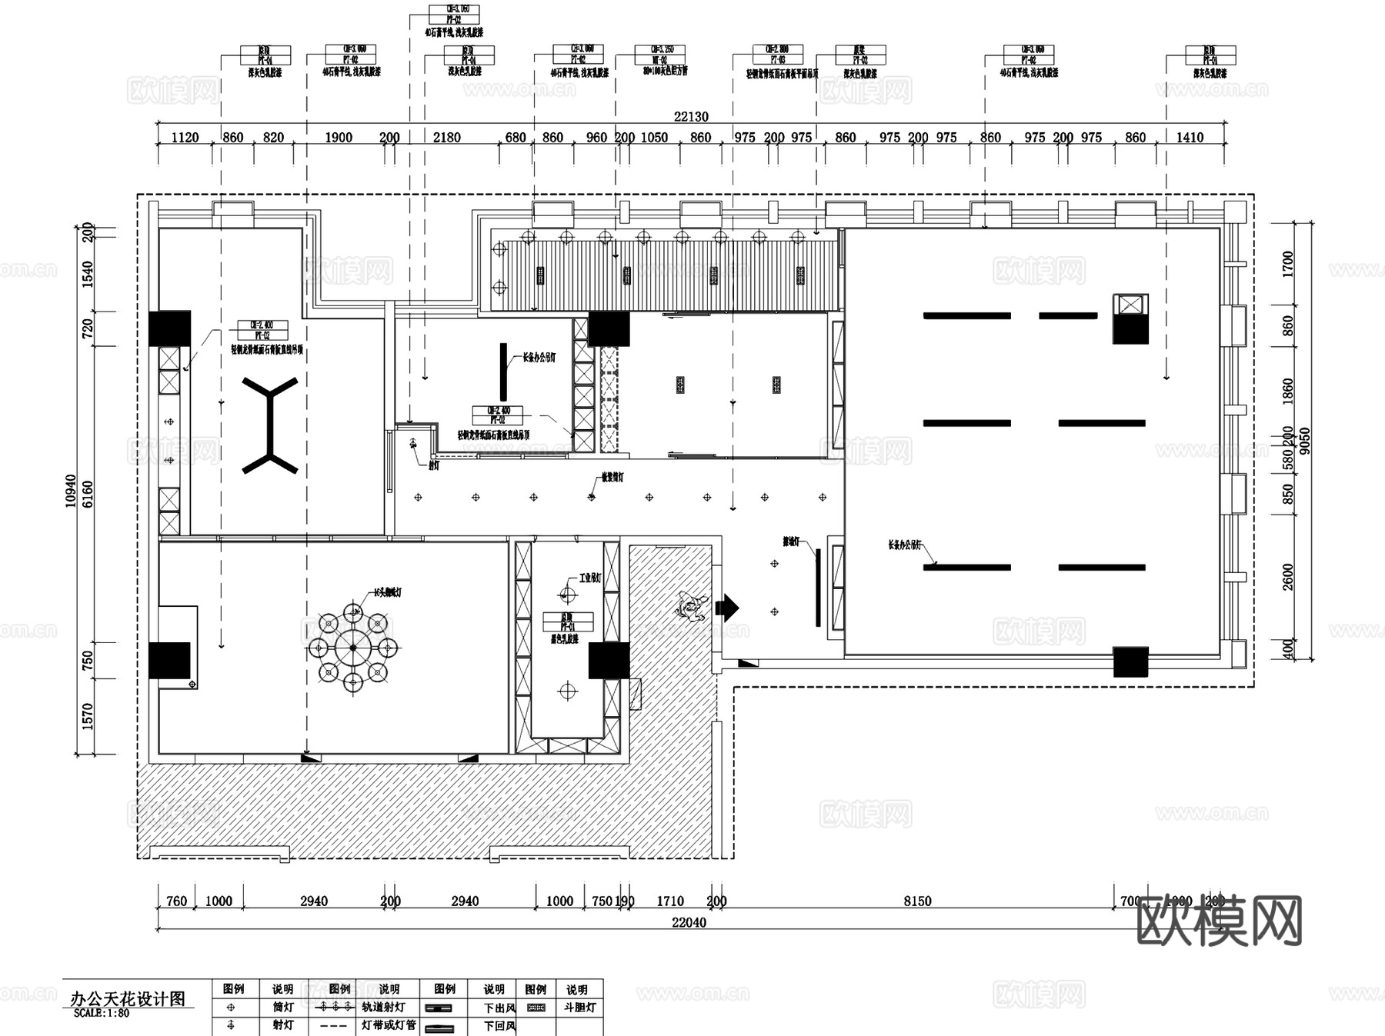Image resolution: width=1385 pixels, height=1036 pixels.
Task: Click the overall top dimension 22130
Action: pyautogui.click(x=691, y=117)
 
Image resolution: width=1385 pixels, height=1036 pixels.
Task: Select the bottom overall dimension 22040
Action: pyautogui.click(x=689, y=922)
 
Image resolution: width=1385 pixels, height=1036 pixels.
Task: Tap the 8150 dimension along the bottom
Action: pyautogui.click(x=917, y=901)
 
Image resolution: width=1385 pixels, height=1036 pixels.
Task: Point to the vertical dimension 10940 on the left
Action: pyautogui.click(x=72, y=490)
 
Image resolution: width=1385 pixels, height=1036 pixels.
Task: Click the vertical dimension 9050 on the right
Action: pyautogui.click(x=1304, y=441)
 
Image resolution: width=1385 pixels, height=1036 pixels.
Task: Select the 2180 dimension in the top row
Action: pyautogui.click(x=446, y=138)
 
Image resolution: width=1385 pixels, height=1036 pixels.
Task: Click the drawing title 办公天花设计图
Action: pyautogui.click(x=128, y=998)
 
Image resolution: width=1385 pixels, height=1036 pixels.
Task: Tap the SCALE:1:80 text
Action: pyautogui.click(x=102, y=1013)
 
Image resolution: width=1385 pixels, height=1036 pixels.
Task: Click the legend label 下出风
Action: pyautogui.click(x=499, y=1007)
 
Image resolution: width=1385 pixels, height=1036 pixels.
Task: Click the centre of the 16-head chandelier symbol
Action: pyautogui.click(x=353, y=648)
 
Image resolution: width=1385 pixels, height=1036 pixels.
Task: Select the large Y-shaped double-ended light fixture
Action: pyautogui.click(x=271, y=425)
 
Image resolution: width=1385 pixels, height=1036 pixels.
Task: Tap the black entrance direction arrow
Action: pyautogui.click(x=727, y=608)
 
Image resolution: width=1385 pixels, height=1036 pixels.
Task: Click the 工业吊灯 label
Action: pyautogui.click(x=589, y=578)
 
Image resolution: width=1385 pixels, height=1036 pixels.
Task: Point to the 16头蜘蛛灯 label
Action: pyautogui.click(x=387, y=592)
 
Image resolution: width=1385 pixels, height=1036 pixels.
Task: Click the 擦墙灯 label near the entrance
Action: pyautogui.click(x=791, y=542)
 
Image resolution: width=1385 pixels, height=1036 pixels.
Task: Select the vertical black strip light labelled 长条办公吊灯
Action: pyautogui.click(x=504, y=371)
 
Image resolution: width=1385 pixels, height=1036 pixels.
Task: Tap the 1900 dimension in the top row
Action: pyautogui.click(x=339, y=138)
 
